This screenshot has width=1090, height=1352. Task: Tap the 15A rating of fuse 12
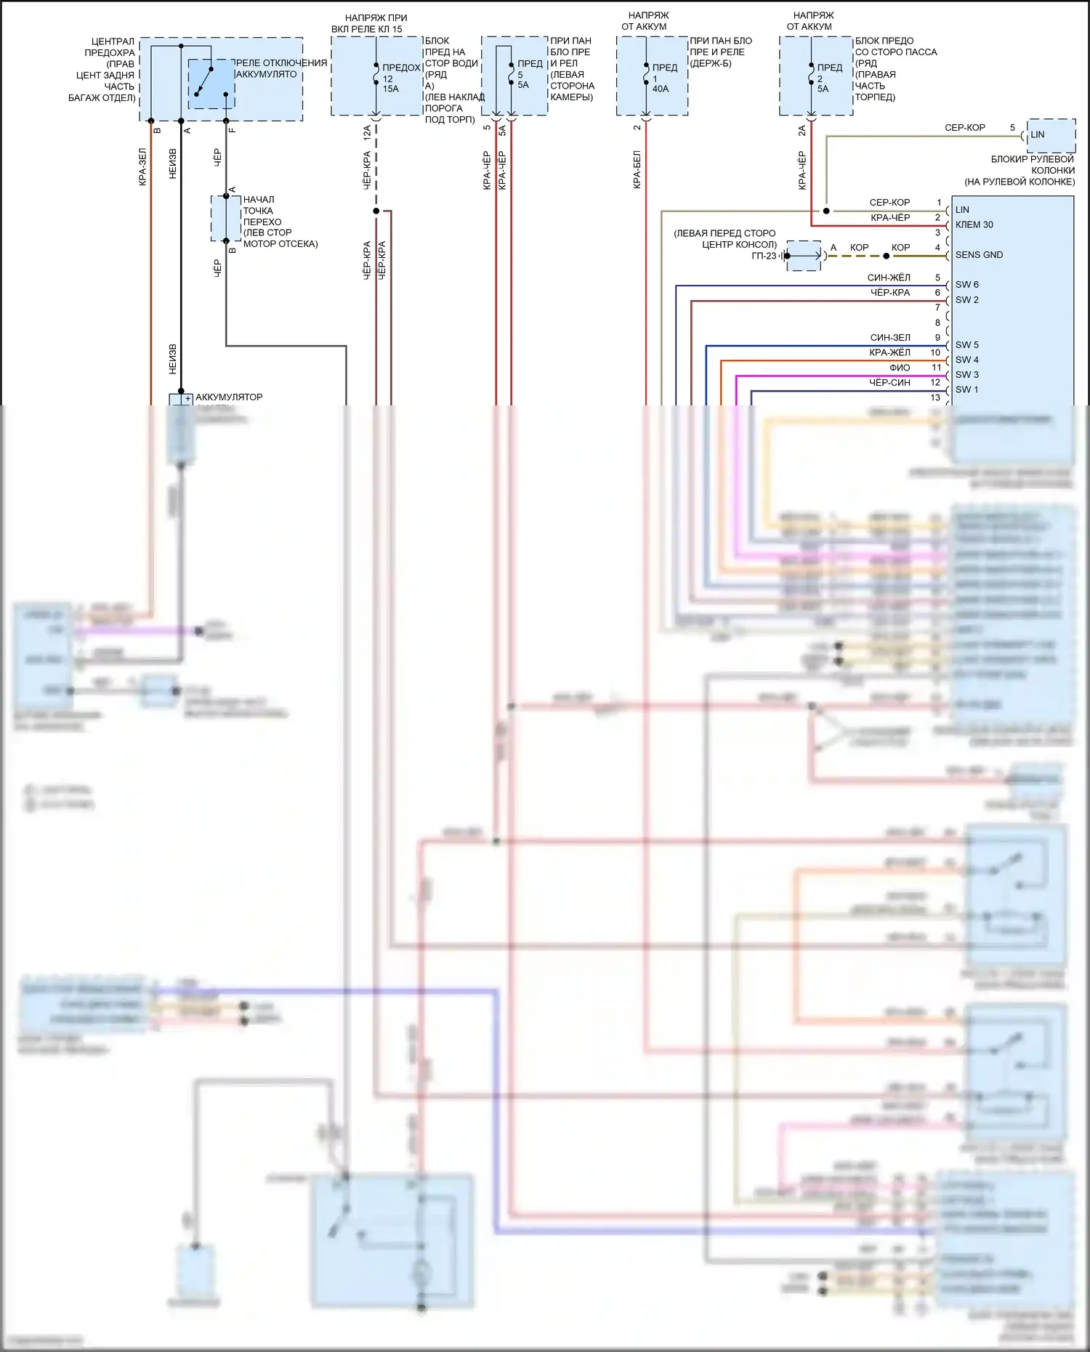click(x=391, y=89)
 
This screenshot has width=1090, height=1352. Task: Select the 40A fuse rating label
click(x=661, y=89)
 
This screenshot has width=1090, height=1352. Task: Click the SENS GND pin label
click(x=979, y=255)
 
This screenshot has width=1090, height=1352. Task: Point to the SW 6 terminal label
click(x=966, y=285)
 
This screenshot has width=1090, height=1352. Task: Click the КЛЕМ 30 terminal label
click(x=974, y=224)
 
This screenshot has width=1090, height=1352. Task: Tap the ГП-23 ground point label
click(x=764, y=256)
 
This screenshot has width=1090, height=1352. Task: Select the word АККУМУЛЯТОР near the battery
click(x=229, y=397)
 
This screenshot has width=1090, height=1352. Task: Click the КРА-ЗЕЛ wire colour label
click(x=142, y=167)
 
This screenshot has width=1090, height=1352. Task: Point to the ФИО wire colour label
click(x=900, y=368)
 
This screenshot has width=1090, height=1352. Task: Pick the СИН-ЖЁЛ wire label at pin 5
click(x=889, y=278)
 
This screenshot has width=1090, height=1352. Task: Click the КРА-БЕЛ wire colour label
click(x=637, y=169)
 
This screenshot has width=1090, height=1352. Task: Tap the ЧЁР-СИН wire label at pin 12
click(x=889, y=382)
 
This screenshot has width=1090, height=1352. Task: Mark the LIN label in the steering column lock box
click(x=1038, y=134)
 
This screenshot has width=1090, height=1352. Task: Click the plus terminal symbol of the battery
click(x=187, y=399)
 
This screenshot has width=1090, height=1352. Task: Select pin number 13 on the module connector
click(x=935, y=397)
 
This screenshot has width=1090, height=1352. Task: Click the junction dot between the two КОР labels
click(x=886, y=256)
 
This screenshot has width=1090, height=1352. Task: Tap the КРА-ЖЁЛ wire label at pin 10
click(x=889, y=352)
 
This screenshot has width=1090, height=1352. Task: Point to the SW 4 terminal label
click(x=966, y=360)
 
